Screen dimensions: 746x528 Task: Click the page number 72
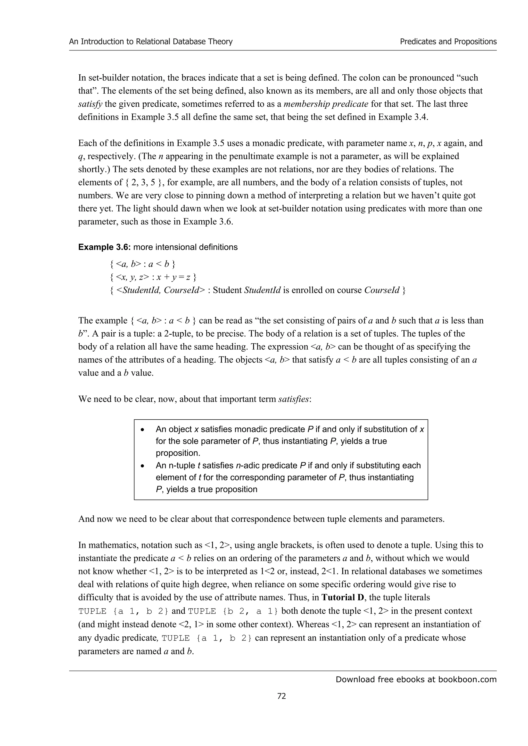coord(282,696)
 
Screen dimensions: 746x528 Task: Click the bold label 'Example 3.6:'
coord(104,247)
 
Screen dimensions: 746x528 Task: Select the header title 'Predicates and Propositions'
coord(448,42)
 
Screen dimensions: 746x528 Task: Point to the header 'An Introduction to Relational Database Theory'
coord(151,42)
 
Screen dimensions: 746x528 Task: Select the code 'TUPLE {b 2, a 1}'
coord(233,611)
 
